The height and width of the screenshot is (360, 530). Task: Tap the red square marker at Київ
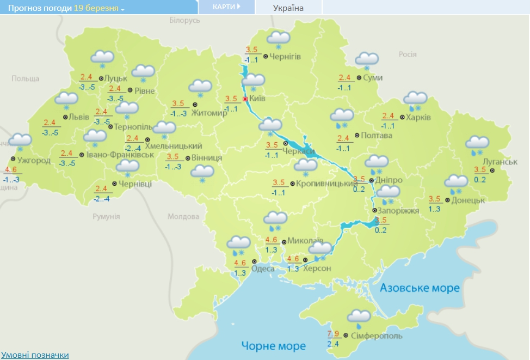point(245,99)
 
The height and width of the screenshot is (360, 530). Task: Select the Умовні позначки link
point(35,355)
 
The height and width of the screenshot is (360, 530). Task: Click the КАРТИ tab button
point(226,7)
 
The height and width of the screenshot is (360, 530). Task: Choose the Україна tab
point(288,8)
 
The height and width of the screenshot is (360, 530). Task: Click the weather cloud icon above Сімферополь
point(359,317)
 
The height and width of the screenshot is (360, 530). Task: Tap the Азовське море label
point(420,288)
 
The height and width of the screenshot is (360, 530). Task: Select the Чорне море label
point(274,346)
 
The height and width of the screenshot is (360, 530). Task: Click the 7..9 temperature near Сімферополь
point(333,333)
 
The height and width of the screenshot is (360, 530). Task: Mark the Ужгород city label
point(34,161)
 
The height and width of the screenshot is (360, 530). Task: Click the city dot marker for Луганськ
point(492,170)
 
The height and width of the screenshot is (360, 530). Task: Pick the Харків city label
point(418,117)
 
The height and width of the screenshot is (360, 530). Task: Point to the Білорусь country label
point(184,20)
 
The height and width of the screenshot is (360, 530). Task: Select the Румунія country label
point(106,216)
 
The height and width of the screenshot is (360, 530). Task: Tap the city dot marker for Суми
point(359,78)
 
